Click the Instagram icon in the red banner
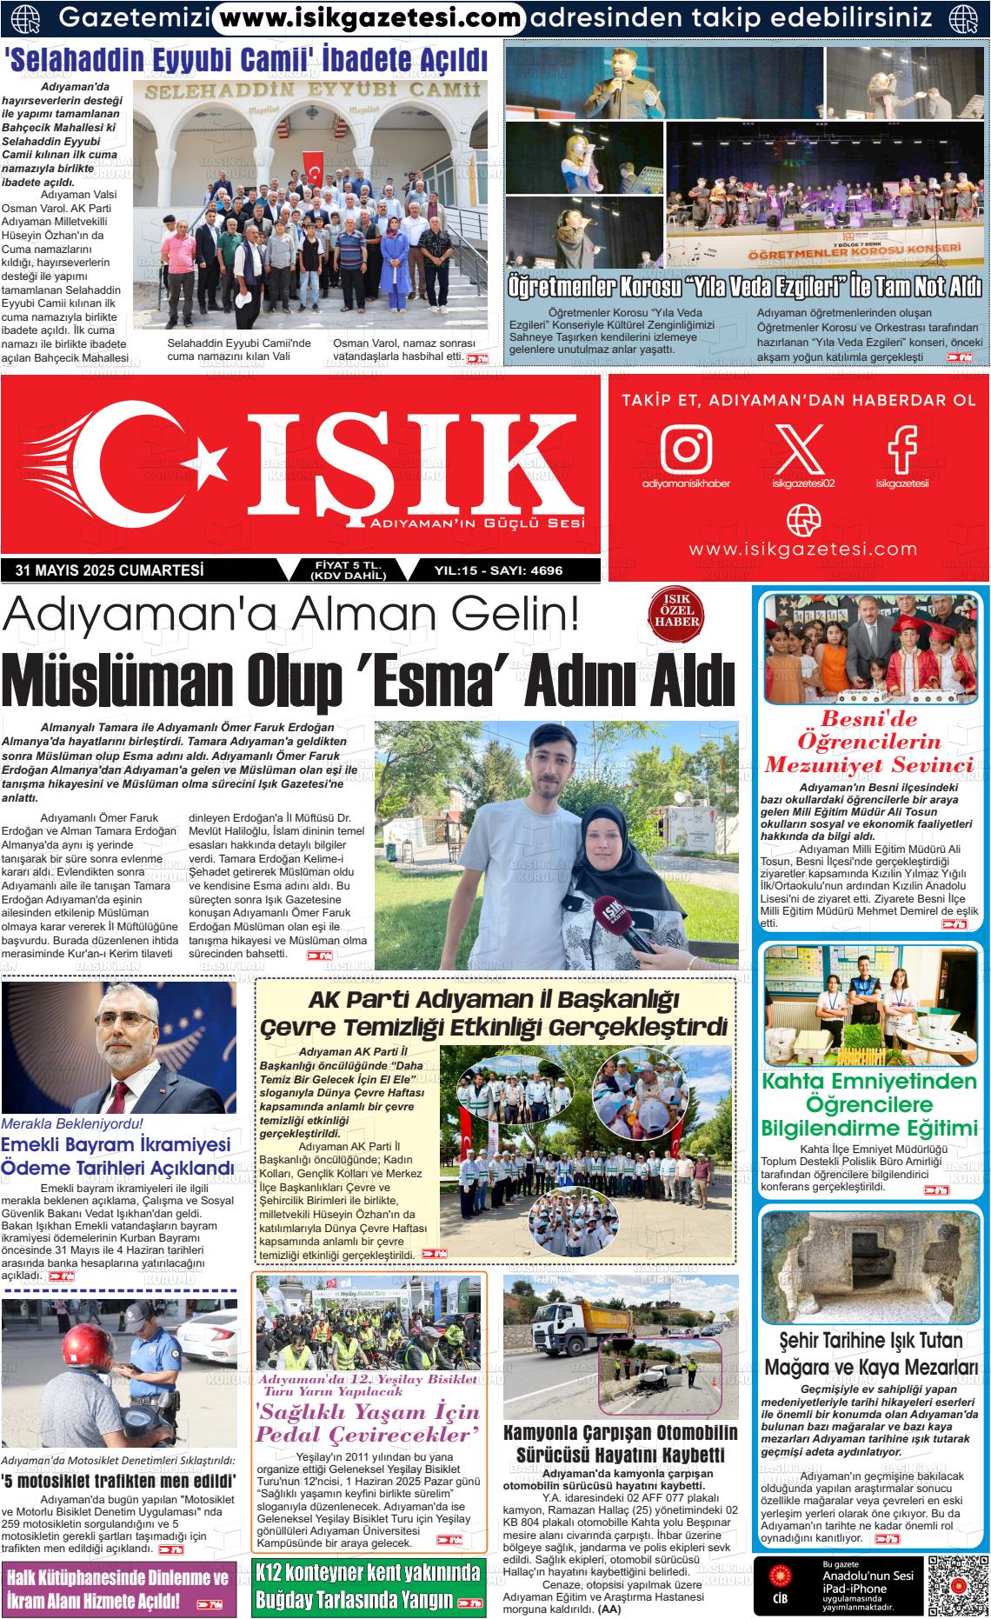[x=686, y=447]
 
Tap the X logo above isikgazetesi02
[x=800, y=447]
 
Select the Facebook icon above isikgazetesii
[x=901, y=447]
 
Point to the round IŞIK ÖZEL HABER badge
[x=677, y=616]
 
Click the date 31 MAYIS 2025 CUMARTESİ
[x=110, y=570]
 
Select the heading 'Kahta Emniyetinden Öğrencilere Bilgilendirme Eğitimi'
[x=869, y=1105]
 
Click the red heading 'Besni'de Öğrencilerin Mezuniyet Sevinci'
[x=869, y=742]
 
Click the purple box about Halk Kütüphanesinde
[x=118, y=1587]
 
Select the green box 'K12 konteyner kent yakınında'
[x=369, y=1587]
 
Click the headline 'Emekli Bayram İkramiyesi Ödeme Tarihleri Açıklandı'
[x=117, y=1156]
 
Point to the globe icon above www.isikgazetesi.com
[x=802, y=520]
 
